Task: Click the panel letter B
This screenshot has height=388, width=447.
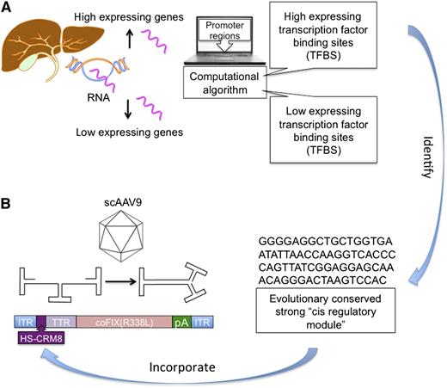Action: pyautogui.click(x=9, y=207)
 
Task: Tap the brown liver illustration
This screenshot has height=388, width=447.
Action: pyautogui.click(x=39, y=52)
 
